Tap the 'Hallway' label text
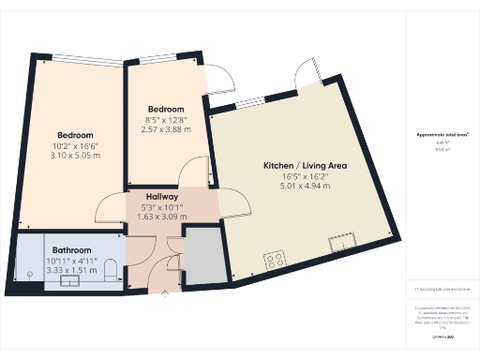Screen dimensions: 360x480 point(162,196)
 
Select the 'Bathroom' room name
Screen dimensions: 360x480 point(71,250)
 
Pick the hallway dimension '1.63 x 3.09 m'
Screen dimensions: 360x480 point(162,217)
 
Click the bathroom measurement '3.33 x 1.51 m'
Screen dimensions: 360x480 point(71,271)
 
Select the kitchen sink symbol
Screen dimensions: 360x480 point(343,246)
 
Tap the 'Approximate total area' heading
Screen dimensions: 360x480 point(442,134)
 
